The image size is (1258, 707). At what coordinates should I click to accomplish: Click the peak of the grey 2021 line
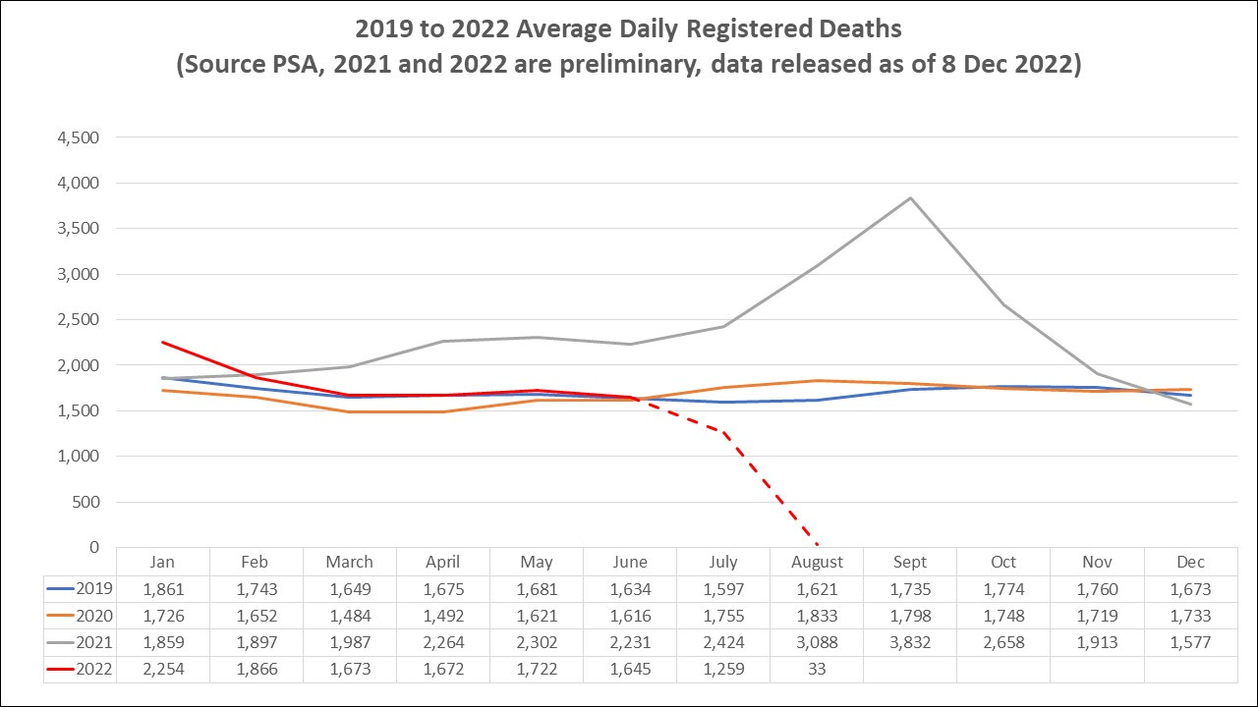click(x=911, y=198)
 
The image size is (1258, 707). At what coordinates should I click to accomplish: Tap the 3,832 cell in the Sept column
click(x=910, y=643)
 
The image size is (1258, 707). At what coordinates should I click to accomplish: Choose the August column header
click(x=817, y=563)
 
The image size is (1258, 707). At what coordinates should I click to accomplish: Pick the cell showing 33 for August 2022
click(x=817, y=670)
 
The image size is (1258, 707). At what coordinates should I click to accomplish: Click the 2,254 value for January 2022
click(x=162, y=670)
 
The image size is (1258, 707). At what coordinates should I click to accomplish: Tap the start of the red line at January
click(x=162, y=342)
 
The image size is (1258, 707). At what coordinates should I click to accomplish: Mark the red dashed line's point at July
click(x=723, y=432)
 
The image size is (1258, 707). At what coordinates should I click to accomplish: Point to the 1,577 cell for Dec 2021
click(x=1190, y=643)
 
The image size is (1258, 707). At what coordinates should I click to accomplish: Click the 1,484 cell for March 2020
click(x=349, y=617)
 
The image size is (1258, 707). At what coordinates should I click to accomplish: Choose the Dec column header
click(x=1190, y=563)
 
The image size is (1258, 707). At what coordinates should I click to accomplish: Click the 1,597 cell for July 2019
click(x=723, y=590)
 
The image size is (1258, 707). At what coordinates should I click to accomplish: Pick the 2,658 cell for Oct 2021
click(x=1003, y=643)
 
